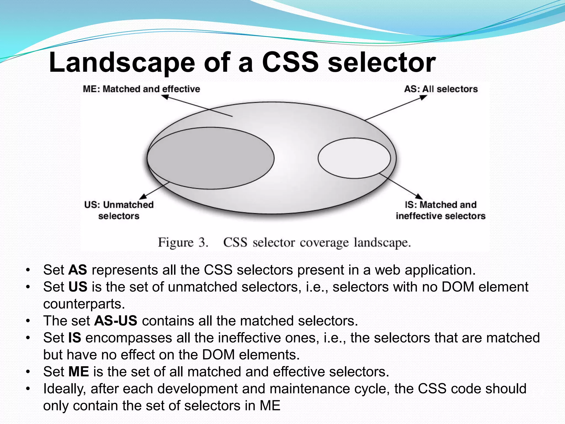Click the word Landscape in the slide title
122,63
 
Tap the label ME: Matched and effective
141,89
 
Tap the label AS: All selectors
441,89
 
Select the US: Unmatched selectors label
119,210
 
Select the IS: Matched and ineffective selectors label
440,210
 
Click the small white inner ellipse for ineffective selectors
354,158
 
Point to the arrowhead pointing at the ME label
165,97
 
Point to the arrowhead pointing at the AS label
423,97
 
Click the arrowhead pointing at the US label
143,196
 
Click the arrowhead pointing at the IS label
419,196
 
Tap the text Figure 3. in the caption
182,243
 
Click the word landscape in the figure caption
382,243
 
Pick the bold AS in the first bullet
78,270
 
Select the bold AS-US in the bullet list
116,321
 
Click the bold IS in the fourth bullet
74,338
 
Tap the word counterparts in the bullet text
84,304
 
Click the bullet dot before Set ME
28,372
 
